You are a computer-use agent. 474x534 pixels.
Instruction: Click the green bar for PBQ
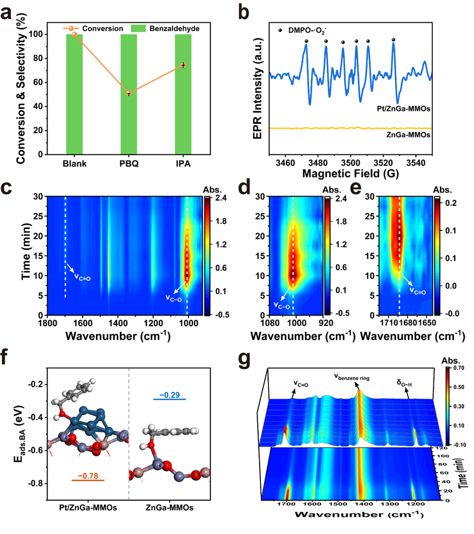click(129, 94)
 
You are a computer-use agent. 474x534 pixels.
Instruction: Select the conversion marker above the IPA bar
click(184, 65)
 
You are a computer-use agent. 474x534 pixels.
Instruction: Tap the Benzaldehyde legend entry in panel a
click(165, 28)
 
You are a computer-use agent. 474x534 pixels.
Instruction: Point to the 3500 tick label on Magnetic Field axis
click(350, 163)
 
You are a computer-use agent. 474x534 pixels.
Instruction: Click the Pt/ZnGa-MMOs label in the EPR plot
click(403, 108)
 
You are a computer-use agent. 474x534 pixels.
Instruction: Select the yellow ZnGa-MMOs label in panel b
click(408, 135)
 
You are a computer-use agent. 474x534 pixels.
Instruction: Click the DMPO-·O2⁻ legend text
click(307, 30)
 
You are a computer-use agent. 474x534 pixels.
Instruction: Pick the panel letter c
click(7, 188)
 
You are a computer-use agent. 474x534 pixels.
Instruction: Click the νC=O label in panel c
click(82, 277)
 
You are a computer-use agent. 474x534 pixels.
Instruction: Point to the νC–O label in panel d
click(282, 305)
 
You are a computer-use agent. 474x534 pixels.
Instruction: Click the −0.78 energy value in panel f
click(88, 476)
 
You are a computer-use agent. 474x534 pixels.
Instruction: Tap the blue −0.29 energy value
click(169, 395)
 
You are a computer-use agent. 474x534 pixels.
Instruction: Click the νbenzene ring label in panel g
click(351, 377)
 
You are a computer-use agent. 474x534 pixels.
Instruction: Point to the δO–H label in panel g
click(404, 383)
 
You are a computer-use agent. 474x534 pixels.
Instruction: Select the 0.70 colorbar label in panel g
click(459, 368)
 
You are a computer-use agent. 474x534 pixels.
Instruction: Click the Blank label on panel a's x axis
click(75, 164)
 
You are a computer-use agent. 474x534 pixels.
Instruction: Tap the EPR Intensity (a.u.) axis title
click(258, 88)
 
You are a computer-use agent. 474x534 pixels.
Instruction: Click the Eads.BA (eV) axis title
click(19, 434)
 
